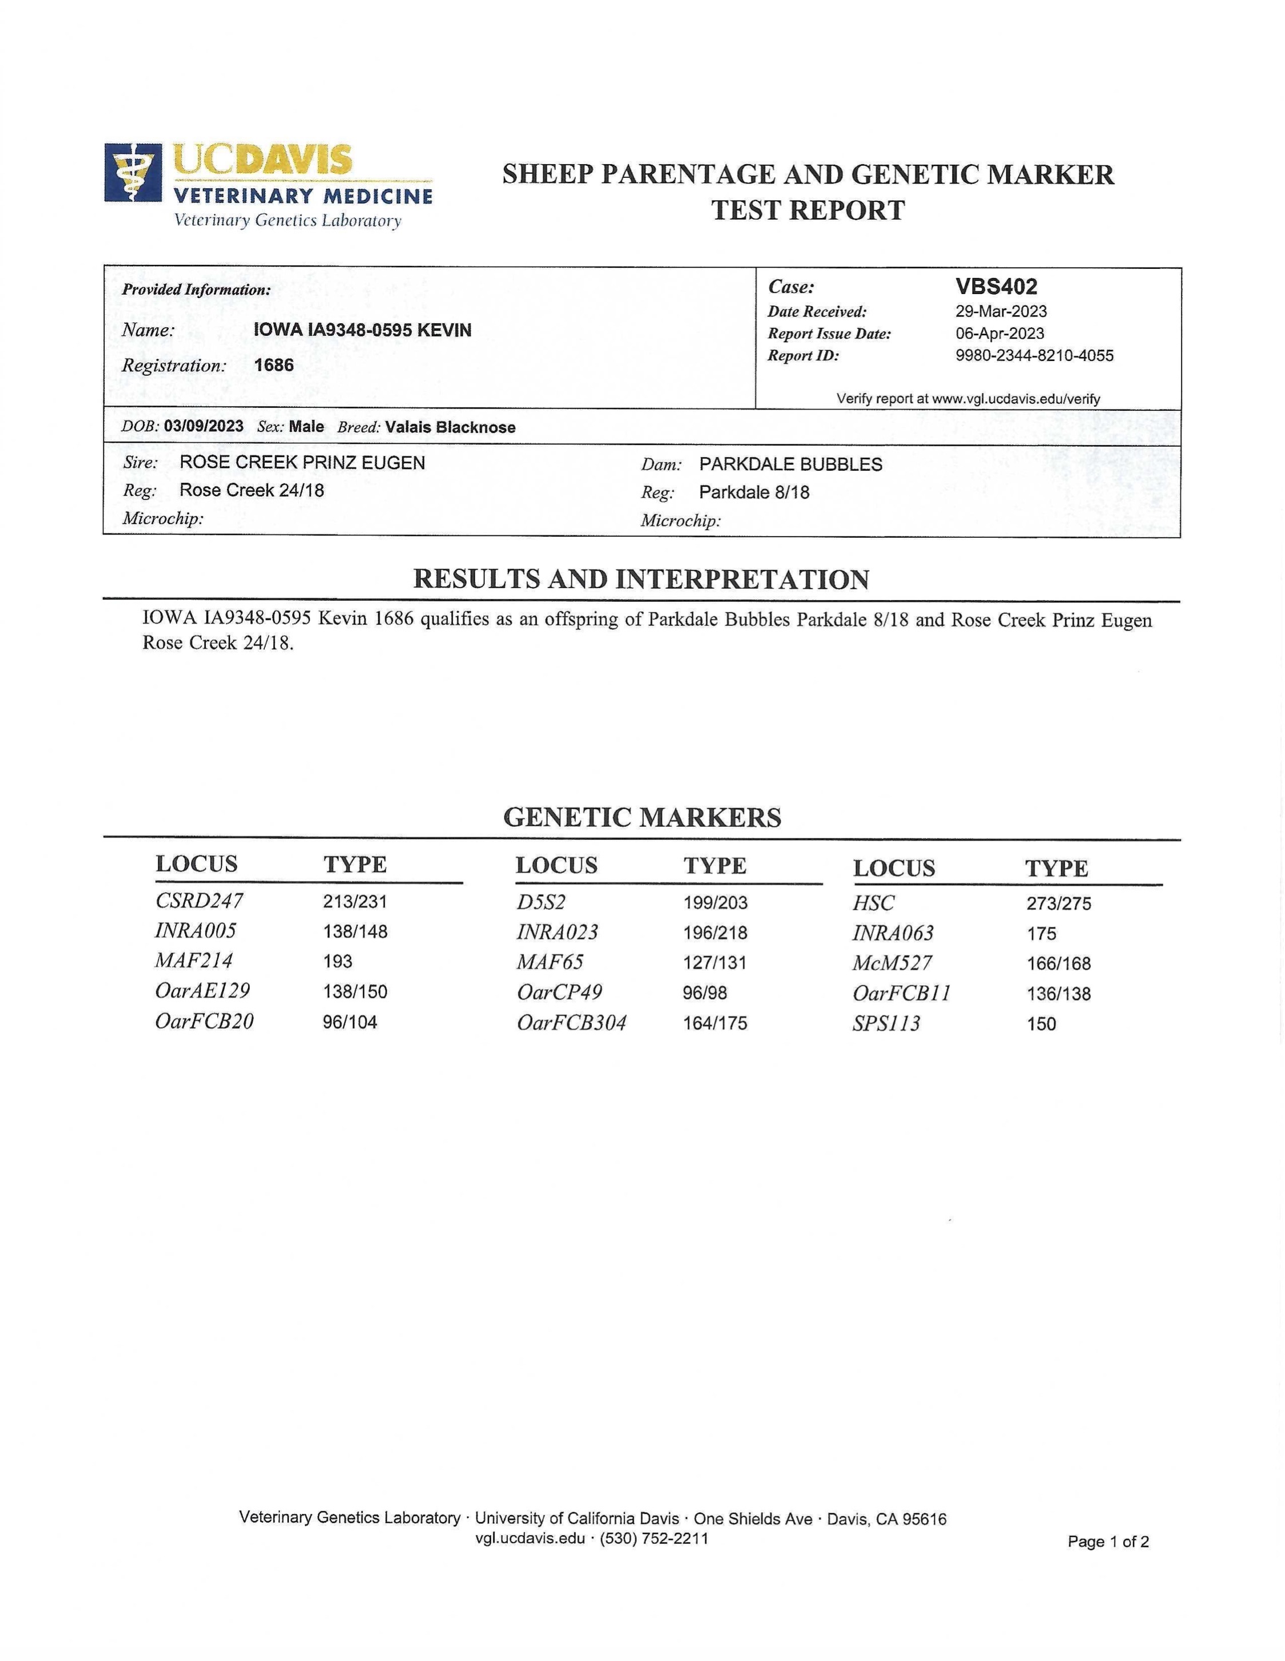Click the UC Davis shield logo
[133, 173]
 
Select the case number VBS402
[996, 287]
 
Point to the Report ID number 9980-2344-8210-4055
[1034, 356]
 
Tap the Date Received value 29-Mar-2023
[1001, 312]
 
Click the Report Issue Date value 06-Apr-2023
[999, 334]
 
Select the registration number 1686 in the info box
[274, 365]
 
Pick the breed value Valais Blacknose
[450, 427]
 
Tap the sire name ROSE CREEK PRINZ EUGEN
[302, 462]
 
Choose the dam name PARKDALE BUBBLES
[791, 465]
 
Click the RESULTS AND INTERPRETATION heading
[641, 580]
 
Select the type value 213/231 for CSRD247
[355, 902]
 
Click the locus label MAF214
[194, 961]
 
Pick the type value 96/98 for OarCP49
[704, 993]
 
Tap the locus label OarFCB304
[571, 1023]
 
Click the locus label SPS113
[886, 1024]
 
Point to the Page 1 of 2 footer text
[1108, 1541]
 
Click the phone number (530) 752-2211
[654, 1539]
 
